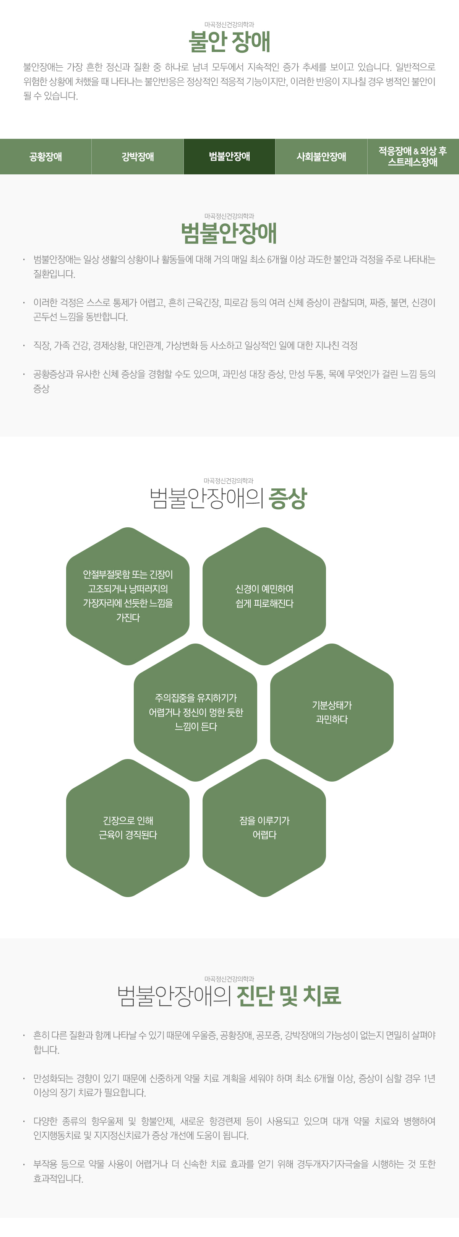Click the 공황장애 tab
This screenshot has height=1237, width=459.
45,156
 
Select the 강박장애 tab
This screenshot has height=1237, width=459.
137,156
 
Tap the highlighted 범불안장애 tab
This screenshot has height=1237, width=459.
229,156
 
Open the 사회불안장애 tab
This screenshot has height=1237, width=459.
321,156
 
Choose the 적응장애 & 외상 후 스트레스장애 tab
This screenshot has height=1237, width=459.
413,156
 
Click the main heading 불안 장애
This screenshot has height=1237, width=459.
229,42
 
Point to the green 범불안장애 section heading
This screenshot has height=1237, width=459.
229,233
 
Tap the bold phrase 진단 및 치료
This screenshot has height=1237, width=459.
289,995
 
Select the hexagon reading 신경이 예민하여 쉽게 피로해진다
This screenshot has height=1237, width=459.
264,596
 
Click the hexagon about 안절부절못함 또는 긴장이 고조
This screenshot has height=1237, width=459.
128,596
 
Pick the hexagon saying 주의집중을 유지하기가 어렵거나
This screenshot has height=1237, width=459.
195,712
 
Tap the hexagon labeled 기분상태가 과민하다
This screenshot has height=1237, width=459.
332,712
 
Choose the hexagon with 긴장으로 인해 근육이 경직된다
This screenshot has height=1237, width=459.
128,828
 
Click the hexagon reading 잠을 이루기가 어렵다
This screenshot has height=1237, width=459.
264,828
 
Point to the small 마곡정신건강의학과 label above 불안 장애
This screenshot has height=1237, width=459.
229,24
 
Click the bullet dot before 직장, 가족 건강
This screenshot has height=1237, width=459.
24,345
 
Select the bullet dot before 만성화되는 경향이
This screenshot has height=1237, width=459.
24,1079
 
